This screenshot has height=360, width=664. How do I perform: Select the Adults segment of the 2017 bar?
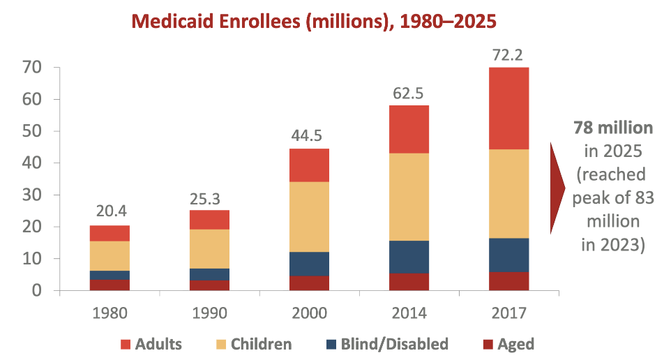(x=508, y=108)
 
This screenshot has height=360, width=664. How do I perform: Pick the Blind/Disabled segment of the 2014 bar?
(x=408, y=256)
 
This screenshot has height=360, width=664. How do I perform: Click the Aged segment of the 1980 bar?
(x=109, y=285)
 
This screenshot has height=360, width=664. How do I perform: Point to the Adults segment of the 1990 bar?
(x=209, y=220)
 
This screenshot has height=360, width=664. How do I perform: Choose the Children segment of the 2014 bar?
(x=408, y=197)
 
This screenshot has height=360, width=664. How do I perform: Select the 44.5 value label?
(x=308, y=135)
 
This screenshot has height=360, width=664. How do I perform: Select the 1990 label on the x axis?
(x=209, y=312)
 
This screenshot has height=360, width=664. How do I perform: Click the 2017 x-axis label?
(x=508, y=312)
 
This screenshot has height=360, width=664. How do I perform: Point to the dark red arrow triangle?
(x=557, y=188)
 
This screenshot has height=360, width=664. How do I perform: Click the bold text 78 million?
(x=613, y=128)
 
